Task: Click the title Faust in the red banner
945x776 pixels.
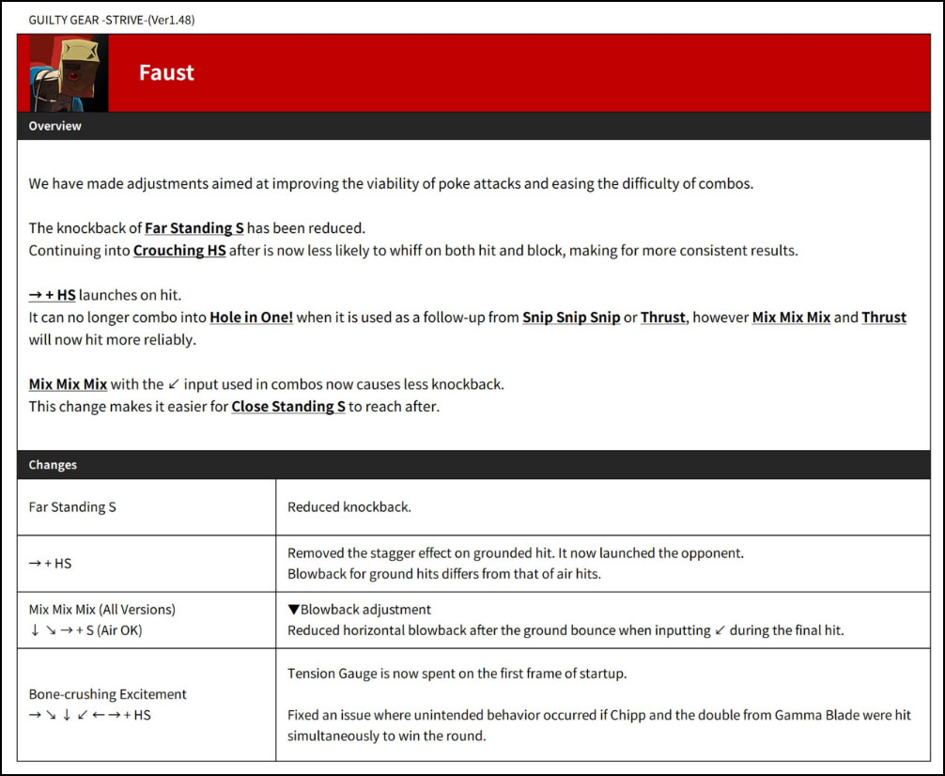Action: pos(166,73)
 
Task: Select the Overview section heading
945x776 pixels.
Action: pos(54,126)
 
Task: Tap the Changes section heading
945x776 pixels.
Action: pos(53,465)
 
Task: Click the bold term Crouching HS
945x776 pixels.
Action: pos(179,251)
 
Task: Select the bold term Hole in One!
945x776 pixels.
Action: pos(251,318)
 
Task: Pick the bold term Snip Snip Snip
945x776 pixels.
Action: pos(571,318)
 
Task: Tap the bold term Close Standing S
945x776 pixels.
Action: pos(288,408)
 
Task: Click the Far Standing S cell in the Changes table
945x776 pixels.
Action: pos(72,507)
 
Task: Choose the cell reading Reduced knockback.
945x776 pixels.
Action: pos(349,507)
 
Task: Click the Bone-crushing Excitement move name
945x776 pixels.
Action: pos(107,694)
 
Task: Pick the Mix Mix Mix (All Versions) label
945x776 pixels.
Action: pos(101,610)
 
